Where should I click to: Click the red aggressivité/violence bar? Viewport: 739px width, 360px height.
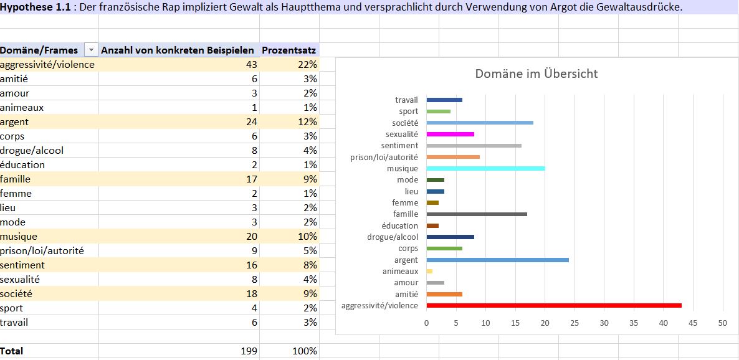pos(554,305)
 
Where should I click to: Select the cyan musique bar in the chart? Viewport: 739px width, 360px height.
pos(486,168)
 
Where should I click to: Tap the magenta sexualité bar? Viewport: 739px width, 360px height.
pos(450,134)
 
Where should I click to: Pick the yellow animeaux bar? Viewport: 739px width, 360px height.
pos(429,271)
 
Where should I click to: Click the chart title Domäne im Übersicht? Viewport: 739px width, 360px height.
pos(536,73)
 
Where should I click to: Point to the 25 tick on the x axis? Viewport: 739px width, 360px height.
pos(575,323)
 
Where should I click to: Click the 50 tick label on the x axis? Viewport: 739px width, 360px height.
pos(723,323)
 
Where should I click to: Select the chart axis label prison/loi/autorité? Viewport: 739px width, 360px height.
pos(384,157)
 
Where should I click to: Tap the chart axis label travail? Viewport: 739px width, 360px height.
pos(407,100)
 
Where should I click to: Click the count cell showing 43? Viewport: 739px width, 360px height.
pos(252,65)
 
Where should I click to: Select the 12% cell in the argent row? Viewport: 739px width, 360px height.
pos(308,122)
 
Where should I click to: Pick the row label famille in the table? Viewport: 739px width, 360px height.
pos(16,179)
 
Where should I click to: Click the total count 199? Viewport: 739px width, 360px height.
pos(249,351)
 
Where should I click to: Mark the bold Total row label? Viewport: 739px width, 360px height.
pos(11,351)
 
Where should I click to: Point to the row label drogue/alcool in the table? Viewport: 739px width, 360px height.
pos(32,151)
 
